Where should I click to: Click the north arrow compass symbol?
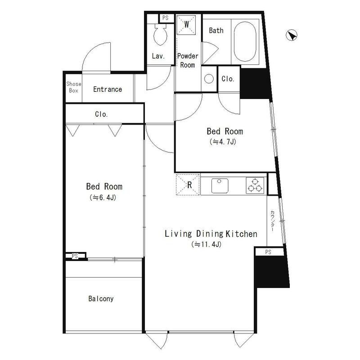pyautogui.click(x=292, y=36)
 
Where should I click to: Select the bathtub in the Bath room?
pyautogui.click(x=245, y=41)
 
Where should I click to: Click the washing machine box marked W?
pyautogui.click(x=186, y=25)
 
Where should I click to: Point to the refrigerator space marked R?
pyautogui.click(x=188, y=184)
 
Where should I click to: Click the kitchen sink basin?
pyautogui.click(x=220, y=185)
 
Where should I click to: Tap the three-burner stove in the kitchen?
pyautogui.click(x=255, y=185)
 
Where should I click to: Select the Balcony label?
pyautogui.click(x=101, y=299)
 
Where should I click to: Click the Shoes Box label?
pyautogui.click(x=74, y=87)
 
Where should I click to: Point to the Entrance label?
pyautogui.click(x=108, y=89)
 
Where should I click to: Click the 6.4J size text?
pyautogui.click(x=103, y=198)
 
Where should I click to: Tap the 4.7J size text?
pyautogui.click(x=223, y=142)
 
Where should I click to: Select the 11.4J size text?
pyautogui.click(x=207, y=244)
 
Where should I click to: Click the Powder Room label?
pyautogui.click(x=188, y=60)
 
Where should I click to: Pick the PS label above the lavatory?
pyautogui.click(x=165, y=18)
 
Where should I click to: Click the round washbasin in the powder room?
pyautogui.click(x=209, y=79)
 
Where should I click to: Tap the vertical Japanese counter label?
pyautogui.click(x=272, y=220)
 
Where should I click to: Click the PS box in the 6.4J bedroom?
pyautogui.click(x=75, y=256)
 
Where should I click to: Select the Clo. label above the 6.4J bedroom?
pyautogui.click(x=101, y=114)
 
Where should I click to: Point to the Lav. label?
pyautogui.click(x=158, y=56)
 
